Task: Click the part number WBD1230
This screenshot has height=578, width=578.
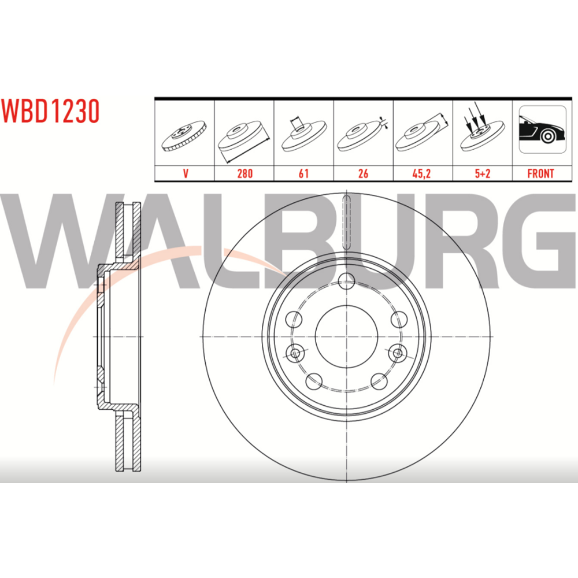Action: (50, 111)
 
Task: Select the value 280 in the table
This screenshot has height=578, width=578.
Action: (244, 173)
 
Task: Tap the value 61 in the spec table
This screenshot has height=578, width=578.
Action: (304, 173)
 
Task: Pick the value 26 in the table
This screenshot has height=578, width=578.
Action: (363, 173)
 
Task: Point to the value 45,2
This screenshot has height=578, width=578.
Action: (421, 173)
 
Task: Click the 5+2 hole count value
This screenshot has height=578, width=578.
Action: (483, 173)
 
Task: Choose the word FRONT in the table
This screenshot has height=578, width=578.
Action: (541, 173)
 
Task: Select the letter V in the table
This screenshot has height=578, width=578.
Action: (186, 173)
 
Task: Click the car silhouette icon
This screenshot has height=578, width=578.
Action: (542, 129)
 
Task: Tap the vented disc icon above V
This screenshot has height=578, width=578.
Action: (184, 135)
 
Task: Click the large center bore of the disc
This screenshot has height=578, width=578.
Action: (346, 336)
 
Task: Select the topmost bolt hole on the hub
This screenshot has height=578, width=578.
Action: (346, 281)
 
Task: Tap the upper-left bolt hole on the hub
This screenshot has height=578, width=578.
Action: (294, 319)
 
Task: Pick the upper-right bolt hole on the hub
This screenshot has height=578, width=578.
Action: (399, 319)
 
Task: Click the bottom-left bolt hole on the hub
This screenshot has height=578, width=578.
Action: (314, 381)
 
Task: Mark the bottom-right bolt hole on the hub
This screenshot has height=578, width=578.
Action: (379, 381)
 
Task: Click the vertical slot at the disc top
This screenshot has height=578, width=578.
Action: (347, 223)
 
